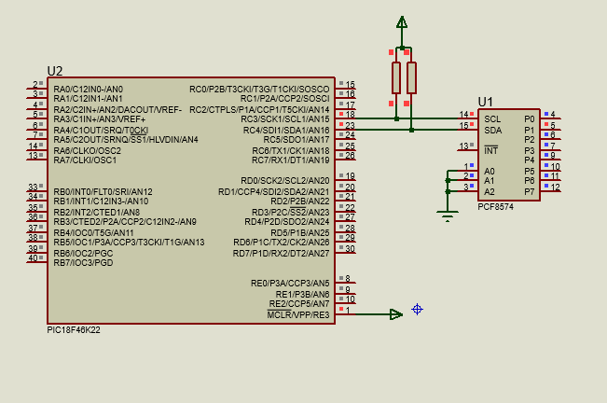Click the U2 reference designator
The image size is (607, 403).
(x=55, y=71)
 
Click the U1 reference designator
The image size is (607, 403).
(x=485, y=103)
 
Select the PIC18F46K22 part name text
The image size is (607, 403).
(x=74, y=330)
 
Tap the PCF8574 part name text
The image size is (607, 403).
(x=495, y=207)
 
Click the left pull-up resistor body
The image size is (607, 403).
(x=396, y=77)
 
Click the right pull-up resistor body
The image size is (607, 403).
(x=411, y=77)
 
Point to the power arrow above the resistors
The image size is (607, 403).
(x=402, y=22)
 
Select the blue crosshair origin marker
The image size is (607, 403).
(x=417, y=310)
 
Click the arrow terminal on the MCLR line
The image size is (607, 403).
(x=396, y=314)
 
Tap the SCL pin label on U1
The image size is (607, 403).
(x=492, y=119)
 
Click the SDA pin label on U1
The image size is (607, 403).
(x=493, y=130)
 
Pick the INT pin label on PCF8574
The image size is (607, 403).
(x=490, y=150)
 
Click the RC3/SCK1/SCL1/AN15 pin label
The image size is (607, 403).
(x=285, y=119)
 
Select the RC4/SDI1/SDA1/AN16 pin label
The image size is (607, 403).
(x=286, y=130)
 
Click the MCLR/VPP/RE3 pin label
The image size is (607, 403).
(x=298, y=314)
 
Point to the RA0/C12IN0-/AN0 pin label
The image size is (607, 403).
(x=89, y=89)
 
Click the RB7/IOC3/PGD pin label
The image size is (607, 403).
(x=83, y=263)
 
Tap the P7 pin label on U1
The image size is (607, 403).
(x=530, y=191)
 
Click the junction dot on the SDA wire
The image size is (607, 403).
(x=411, y=130)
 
